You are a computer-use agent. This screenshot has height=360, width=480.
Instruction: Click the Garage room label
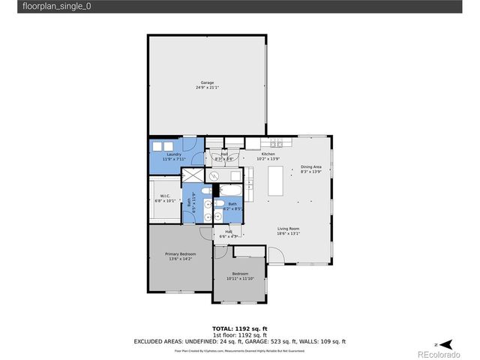206,82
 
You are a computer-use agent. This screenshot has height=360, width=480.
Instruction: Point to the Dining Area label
311,167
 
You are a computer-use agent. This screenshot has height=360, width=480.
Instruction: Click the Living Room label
289,229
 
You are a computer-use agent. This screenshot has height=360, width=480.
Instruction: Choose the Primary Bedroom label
181,254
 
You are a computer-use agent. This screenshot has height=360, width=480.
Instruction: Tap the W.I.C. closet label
164,196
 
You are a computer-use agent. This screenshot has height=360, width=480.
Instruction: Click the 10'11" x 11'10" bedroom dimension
240,279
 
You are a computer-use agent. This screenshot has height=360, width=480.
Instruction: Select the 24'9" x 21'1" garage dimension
206,87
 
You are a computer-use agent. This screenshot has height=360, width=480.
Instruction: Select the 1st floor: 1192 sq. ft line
239,335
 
